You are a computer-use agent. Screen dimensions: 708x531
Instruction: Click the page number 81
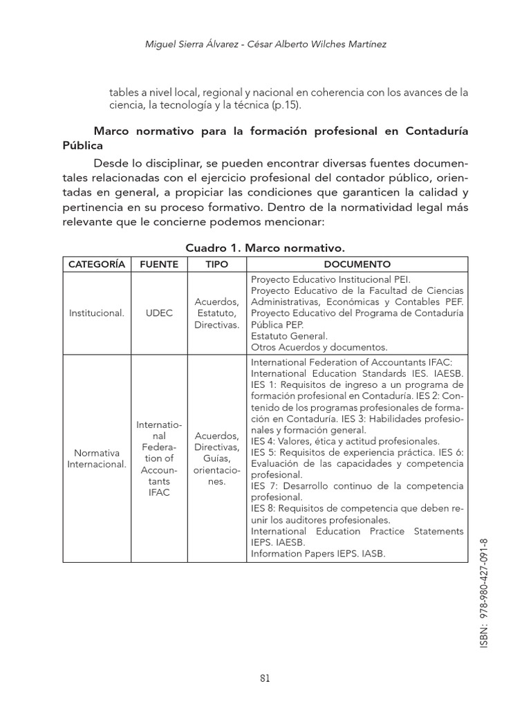point(265,678)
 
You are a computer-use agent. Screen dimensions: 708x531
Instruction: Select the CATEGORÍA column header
point(96,264)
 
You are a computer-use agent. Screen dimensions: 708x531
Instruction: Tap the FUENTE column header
point(159,264)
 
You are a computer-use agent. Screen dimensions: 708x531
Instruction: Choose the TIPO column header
point(216,264)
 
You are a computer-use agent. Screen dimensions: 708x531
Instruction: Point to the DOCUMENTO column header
point(357,264)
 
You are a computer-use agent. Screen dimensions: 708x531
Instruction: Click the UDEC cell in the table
point(159,313)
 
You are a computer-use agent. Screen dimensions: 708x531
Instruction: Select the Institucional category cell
point(96,313)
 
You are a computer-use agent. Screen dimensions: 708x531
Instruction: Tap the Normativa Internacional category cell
point(96,458)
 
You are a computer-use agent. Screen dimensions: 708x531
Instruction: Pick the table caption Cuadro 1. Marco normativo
point(265,248)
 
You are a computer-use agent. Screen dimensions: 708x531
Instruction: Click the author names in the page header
point(265,44)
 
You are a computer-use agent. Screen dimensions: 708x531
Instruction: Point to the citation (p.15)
point(286,106)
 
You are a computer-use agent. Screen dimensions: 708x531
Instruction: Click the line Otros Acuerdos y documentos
point(319,346)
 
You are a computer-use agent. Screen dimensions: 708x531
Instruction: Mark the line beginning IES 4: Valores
point(345,440)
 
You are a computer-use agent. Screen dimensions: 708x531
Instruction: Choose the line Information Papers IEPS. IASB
point(318,553)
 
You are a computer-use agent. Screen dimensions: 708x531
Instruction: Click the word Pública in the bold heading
point(82,146)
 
